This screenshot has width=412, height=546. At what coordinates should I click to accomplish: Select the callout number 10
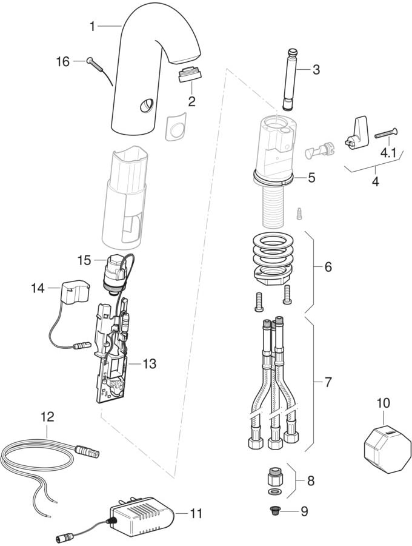point(383,403)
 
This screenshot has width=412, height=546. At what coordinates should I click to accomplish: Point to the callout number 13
point(149,364)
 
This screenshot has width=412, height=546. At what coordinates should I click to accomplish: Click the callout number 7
point(328,382)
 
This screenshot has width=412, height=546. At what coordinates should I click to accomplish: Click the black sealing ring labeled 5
point(273,178)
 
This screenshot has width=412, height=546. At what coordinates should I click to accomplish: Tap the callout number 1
point(92,26)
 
